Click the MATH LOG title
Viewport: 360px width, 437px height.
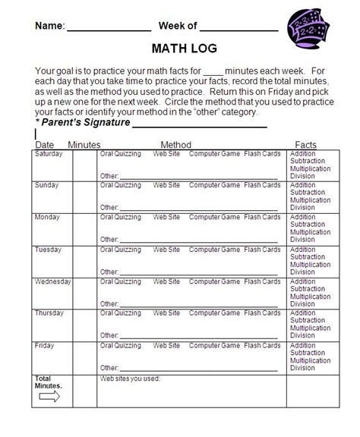tap(184, 49)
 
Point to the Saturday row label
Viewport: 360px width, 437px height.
tap(50, 153)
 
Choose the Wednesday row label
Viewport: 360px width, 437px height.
tap(53, 281)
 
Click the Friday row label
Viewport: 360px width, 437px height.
tap(46, 345)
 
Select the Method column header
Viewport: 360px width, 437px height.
tap(175, 144)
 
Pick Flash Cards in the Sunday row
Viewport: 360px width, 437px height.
tap(262, 185)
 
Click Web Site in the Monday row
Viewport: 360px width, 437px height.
tap(166, 217)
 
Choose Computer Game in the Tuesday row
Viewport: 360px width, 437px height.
tap(213, 250)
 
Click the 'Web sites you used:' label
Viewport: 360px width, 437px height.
tap(130, 378)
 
